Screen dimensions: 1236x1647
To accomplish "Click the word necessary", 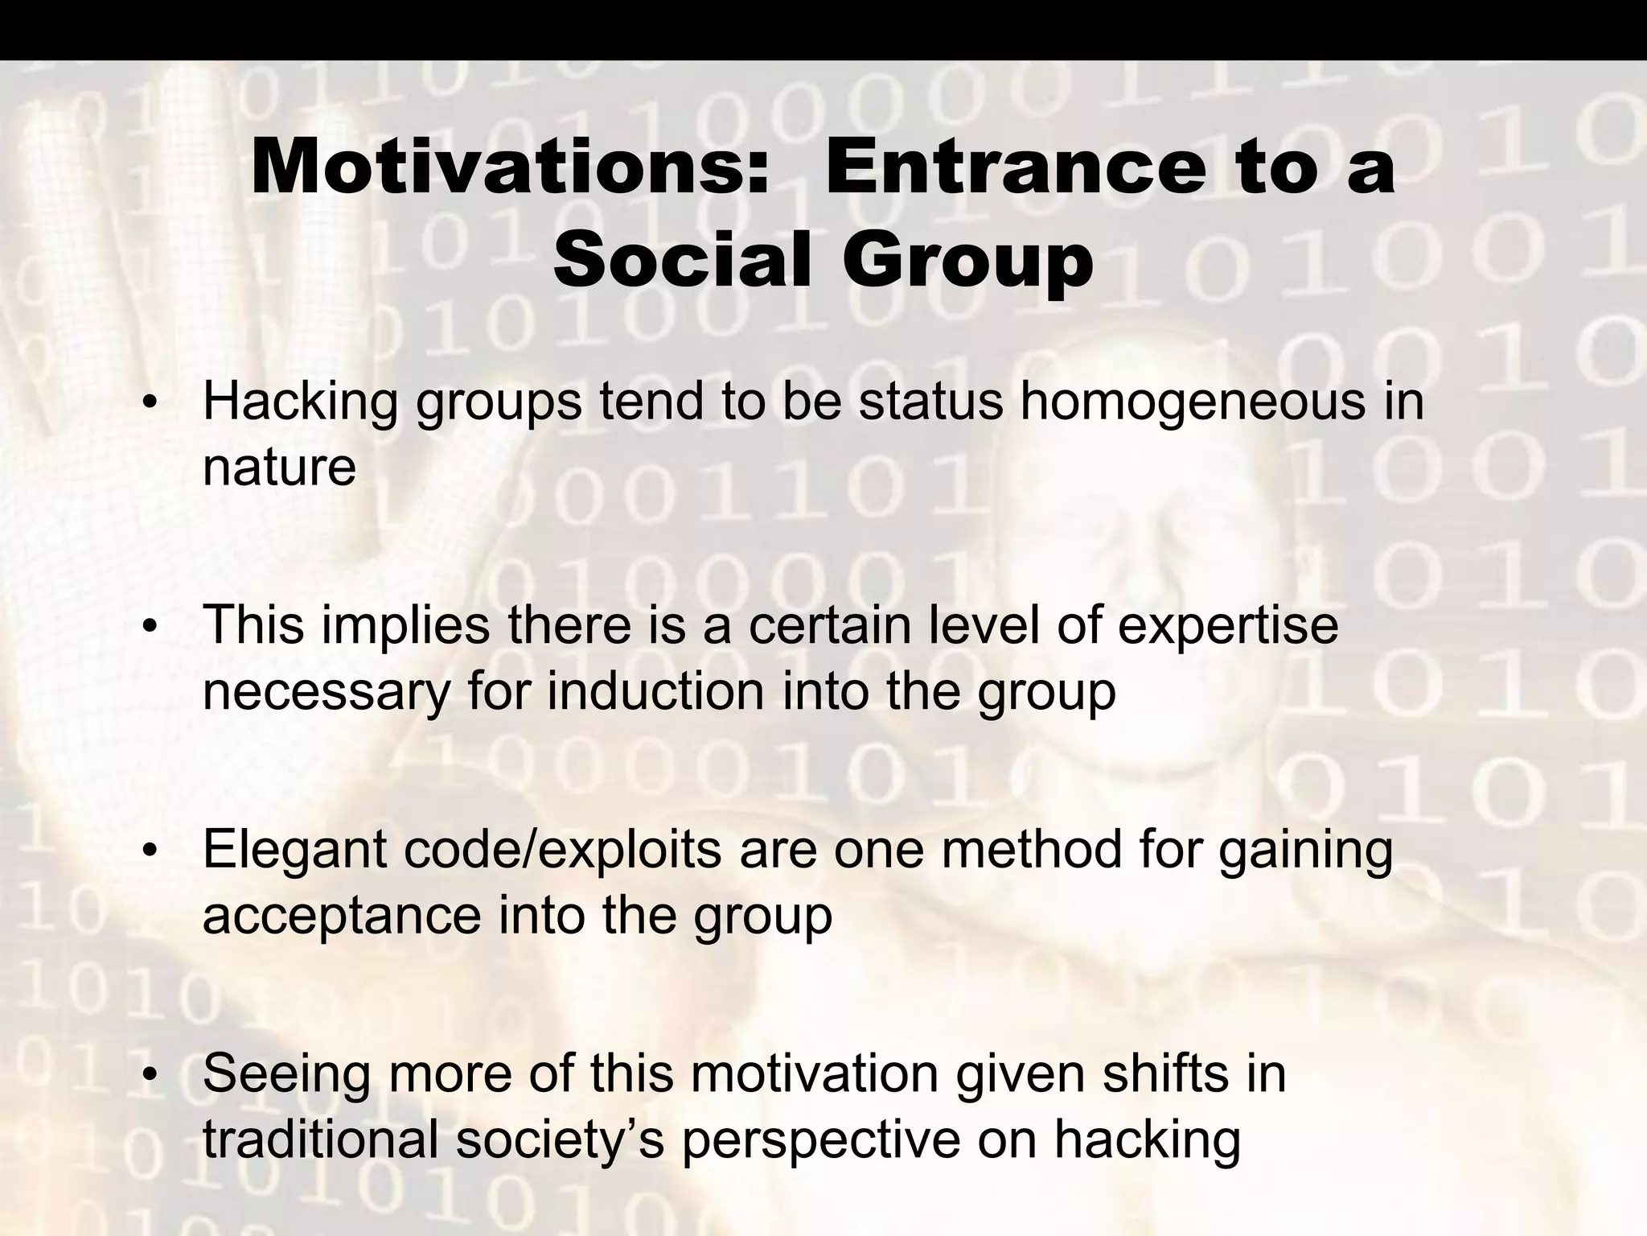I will [326, 692].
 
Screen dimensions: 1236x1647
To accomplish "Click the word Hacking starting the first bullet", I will [301, 402].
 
